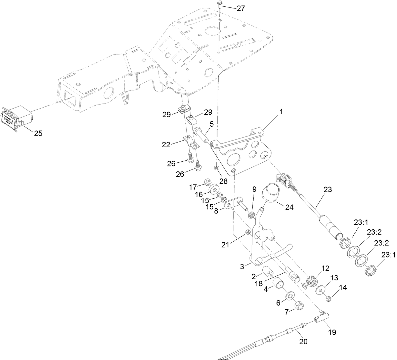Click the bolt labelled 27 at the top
(220, 4)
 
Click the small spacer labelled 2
(268, 271)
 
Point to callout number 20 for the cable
(303, 342)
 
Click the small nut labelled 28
(217, 167)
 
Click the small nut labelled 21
(248, 232)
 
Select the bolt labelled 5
(201, 134)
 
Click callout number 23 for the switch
(327, 190)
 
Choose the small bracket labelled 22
(190, 141)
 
